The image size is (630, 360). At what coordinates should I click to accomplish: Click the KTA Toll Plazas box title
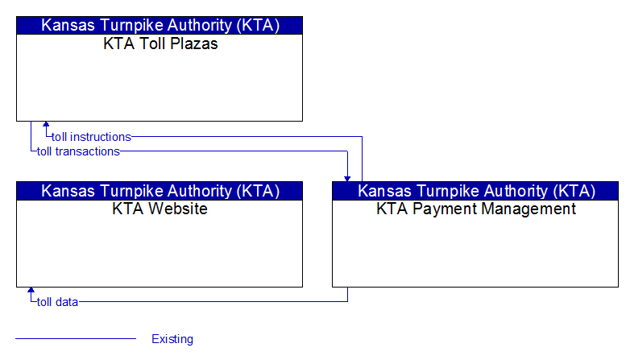tap(160, 43)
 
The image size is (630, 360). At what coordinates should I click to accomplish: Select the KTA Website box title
tap(160, 209)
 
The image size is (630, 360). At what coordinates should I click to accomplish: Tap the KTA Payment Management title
tap(476, 209)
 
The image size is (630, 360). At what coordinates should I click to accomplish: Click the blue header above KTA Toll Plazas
tap(160, 25)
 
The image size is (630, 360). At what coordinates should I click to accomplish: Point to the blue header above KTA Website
tap(160, 191)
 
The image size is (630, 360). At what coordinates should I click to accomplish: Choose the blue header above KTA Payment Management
tap(475, 191)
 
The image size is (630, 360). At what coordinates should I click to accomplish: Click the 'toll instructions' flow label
tap(91, 137)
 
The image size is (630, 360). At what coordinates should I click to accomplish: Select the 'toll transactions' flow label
tap(78, 151)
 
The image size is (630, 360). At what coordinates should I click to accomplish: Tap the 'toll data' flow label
tap(57, 302)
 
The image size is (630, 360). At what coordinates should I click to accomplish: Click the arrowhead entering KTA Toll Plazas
tap(46, 124)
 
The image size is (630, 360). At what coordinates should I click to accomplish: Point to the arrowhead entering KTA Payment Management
tap(347, 179)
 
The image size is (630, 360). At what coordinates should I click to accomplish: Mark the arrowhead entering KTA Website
tap(31, 290)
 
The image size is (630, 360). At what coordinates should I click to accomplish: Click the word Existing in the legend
tap(172, 339)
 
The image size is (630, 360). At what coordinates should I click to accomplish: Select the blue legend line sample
tap(76, 339)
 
